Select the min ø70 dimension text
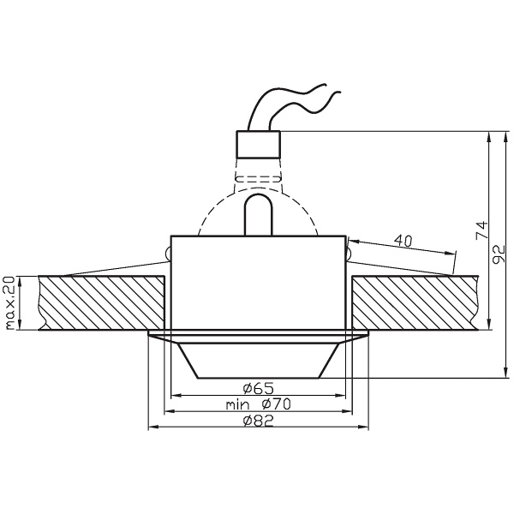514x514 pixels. (257, 404)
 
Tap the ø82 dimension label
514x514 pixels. (258, 421)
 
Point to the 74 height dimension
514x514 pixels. (481, 229)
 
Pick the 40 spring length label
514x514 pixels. (403, 241)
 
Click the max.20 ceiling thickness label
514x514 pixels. (10, 303)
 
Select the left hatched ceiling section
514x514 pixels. (101, 302)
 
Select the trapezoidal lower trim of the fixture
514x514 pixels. (258, 360)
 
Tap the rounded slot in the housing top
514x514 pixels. (258, 214)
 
